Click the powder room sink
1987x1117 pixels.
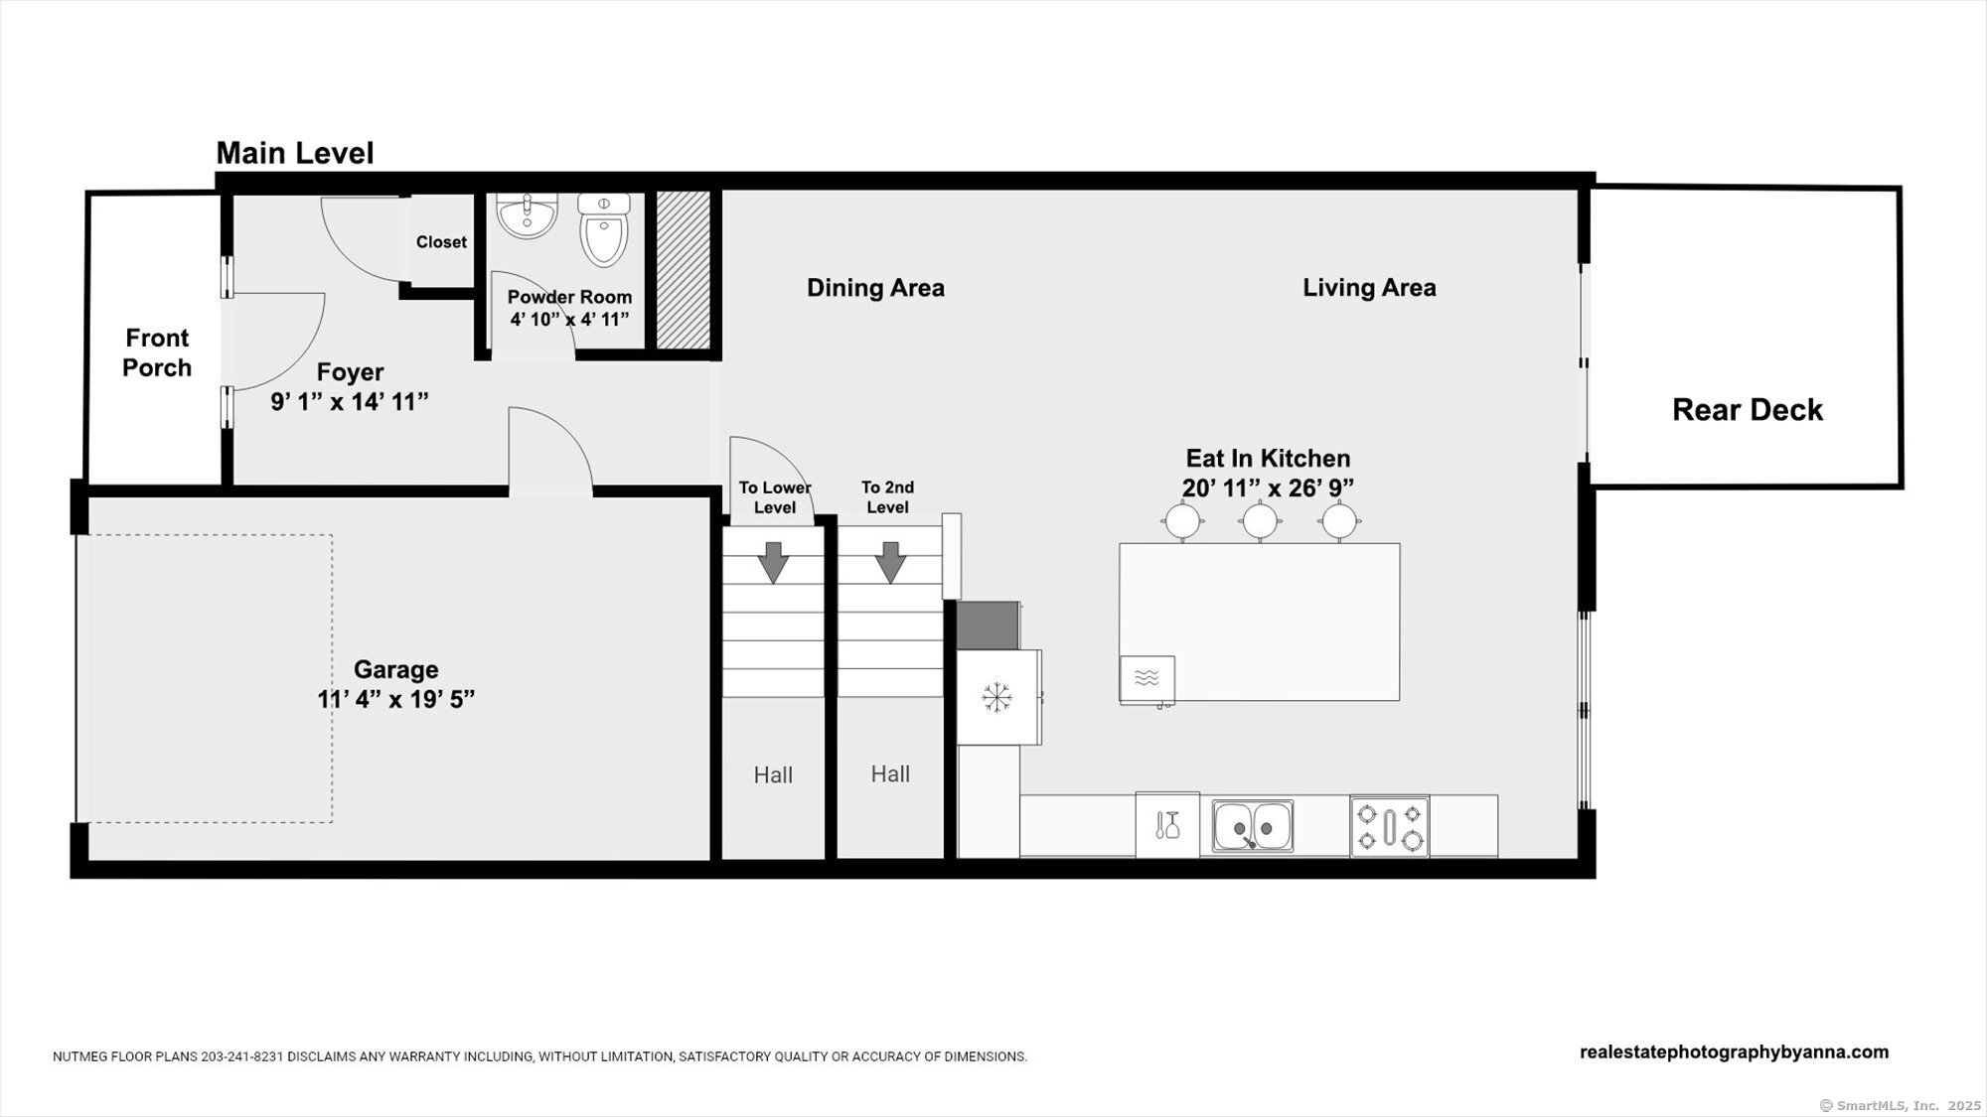point(527,215)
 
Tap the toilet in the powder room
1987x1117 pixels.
point(604,229)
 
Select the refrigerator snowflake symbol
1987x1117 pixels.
point(996,697)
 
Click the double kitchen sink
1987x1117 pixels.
point(1253,826)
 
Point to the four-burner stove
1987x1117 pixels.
point(1389,826)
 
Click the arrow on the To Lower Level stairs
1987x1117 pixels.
point(773,562)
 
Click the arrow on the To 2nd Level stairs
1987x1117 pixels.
point(890,562)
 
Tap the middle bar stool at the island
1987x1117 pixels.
point(1260,520)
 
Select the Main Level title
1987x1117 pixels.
point(295,153)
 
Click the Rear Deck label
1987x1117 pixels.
point(1748,410)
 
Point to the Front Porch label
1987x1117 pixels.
point(157,352)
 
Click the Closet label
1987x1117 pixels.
point(441,242)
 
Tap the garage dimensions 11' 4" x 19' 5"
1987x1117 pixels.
point(396,699)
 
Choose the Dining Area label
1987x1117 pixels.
point(875,288)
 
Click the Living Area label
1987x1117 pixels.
point(1369,288)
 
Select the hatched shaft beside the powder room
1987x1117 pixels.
point(684,269)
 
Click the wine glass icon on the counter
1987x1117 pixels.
point(1168,825)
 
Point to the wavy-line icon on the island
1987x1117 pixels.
point(1146,679)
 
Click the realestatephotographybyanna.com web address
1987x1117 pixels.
point(1734,1052)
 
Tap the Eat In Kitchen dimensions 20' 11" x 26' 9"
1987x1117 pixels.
point(1268,488)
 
